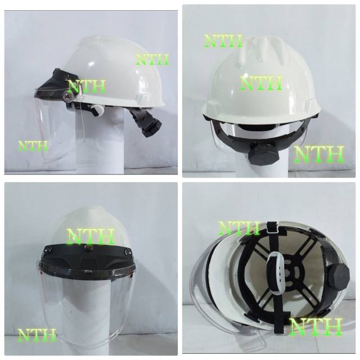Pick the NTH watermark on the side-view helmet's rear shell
point(152,59)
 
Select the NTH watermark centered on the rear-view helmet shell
point(262,83)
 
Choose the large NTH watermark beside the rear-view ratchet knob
point(319,153)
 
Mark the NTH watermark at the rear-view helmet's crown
point(223,40)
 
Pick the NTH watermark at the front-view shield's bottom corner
point(37,334)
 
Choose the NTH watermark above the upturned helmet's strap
point(238,228)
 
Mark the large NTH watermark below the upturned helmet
point(316,327)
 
